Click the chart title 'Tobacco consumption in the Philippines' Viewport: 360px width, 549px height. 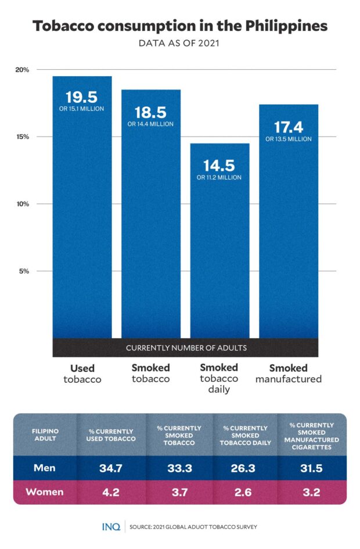click(179, 26)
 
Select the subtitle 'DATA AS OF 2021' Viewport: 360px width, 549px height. click(179, 43)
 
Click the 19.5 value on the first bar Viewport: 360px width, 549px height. click(81, 96)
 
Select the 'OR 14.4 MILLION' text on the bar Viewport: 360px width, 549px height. click(150, 124)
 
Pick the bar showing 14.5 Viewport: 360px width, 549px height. click(219, 244)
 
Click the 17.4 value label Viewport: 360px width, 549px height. click(288, 126)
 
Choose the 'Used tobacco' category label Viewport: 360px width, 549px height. click(82, 374)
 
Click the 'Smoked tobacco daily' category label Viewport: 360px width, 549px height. click(219, 378)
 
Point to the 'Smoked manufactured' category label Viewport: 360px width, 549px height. click(288, 374)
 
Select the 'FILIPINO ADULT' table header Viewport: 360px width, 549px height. click(45, 436)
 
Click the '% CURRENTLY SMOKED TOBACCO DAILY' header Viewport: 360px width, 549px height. click(246, 435)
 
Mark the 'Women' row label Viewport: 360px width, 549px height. click(44, 491)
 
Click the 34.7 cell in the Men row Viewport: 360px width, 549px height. click(111, 468)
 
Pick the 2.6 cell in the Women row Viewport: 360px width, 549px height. click(246, 492)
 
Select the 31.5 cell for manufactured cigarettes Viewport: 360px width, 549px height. click(313, 468)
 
